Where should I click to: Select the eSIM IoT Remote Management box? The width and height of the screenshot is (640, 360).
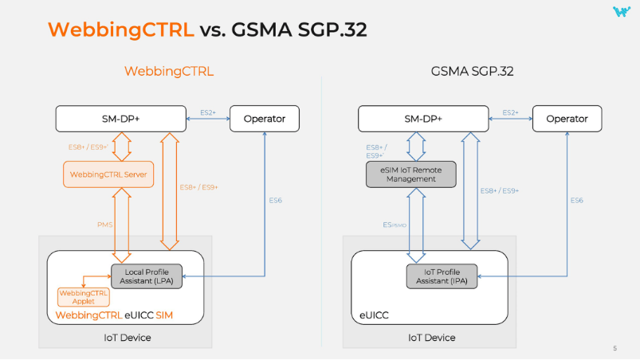coord(409,174)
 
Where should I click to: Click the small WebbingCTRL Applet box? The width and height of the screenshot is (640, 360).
coord(84,297)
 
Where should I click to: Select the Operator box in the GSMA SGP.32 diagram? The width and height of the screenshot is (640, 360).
coord(567,119)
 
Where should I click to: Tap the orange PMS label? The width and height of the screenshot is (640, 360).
coord(104,225)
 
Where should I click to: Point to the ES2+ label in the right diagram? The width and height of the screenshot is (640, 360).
coord(510,113)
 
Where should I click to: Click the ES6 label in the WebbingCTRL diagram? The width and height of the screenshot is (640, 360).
coord(275,200)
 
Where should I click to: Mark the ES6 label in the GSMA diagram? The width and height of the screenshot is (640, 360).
coord(576,200)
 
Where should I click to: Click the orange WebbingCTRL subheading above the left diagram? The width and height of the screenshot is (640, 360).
coord(168,72)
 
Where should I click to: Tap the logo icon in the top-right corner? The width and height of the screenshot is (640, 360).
coord(621,11)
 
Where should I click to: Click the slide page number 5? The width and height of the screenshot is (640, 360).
coord(614,348)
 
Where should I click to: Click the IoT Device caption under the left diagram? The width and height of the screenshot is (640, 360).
coord(127,338)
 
